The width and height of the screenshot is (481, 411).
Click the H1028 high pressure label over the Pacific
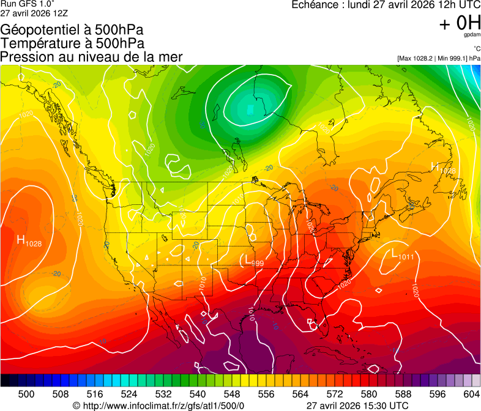[x=29, y=242]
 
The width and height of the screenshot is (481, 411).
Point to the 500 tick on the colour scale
[x=26, y=393]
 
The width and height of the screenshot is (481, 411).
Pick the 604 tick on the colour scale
[x=471, y=393]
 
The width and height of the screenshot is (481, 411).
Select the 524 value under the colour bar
[x=129, y=393]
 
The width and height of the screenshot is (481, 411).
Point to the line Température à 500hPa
[x=72, y=43]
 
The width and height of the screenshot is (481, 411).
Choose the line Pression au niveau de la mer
[x=91, y=57]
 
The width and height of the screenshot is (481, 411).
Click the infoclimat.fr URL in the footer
[x=158, y=405]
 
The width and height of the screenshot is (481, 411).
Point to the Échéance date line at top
[x=386, y=5]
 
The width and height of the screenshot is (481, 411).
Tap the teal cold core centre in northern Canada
[x=250, y=109]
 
